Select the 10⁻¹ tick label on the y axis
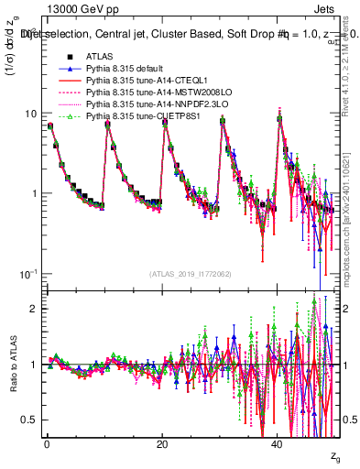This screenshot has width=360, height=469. pos(27,273)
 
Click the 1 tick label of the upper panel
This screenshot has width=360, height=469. pos(34,193)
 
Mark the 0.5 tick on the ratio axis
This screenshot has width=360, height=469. pos(30,420)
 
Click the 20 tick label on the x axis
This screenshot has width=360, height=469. pos(163,444)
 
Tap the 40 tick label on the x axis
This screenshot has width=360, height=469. pos(279,444)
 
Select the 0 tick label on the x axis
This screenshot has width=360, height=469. pos(47,444)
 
